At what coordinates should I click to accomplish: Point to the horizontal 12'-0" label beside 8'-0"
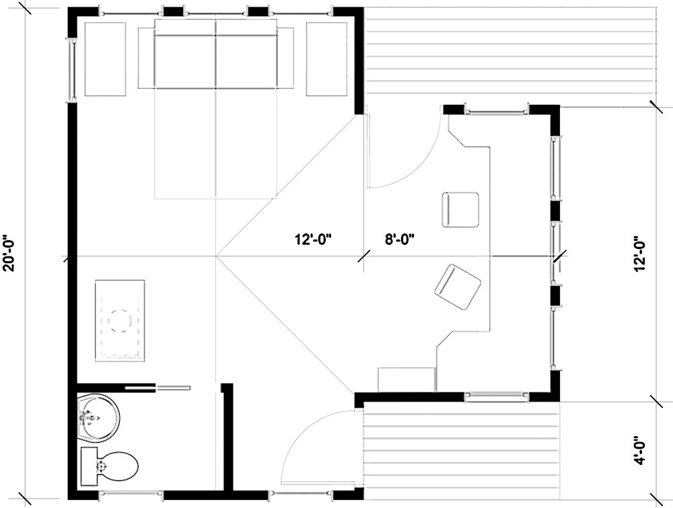coord(314,238)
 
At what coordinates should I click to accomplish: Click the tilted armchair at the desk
coord(458,287)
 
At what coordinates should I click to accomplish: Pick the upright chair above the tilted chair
coord(460,210)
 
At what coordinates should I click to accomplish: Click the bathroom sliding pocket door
coord(159,387)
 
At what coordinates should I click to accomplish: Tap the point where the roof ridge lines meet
coord(216,256)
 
